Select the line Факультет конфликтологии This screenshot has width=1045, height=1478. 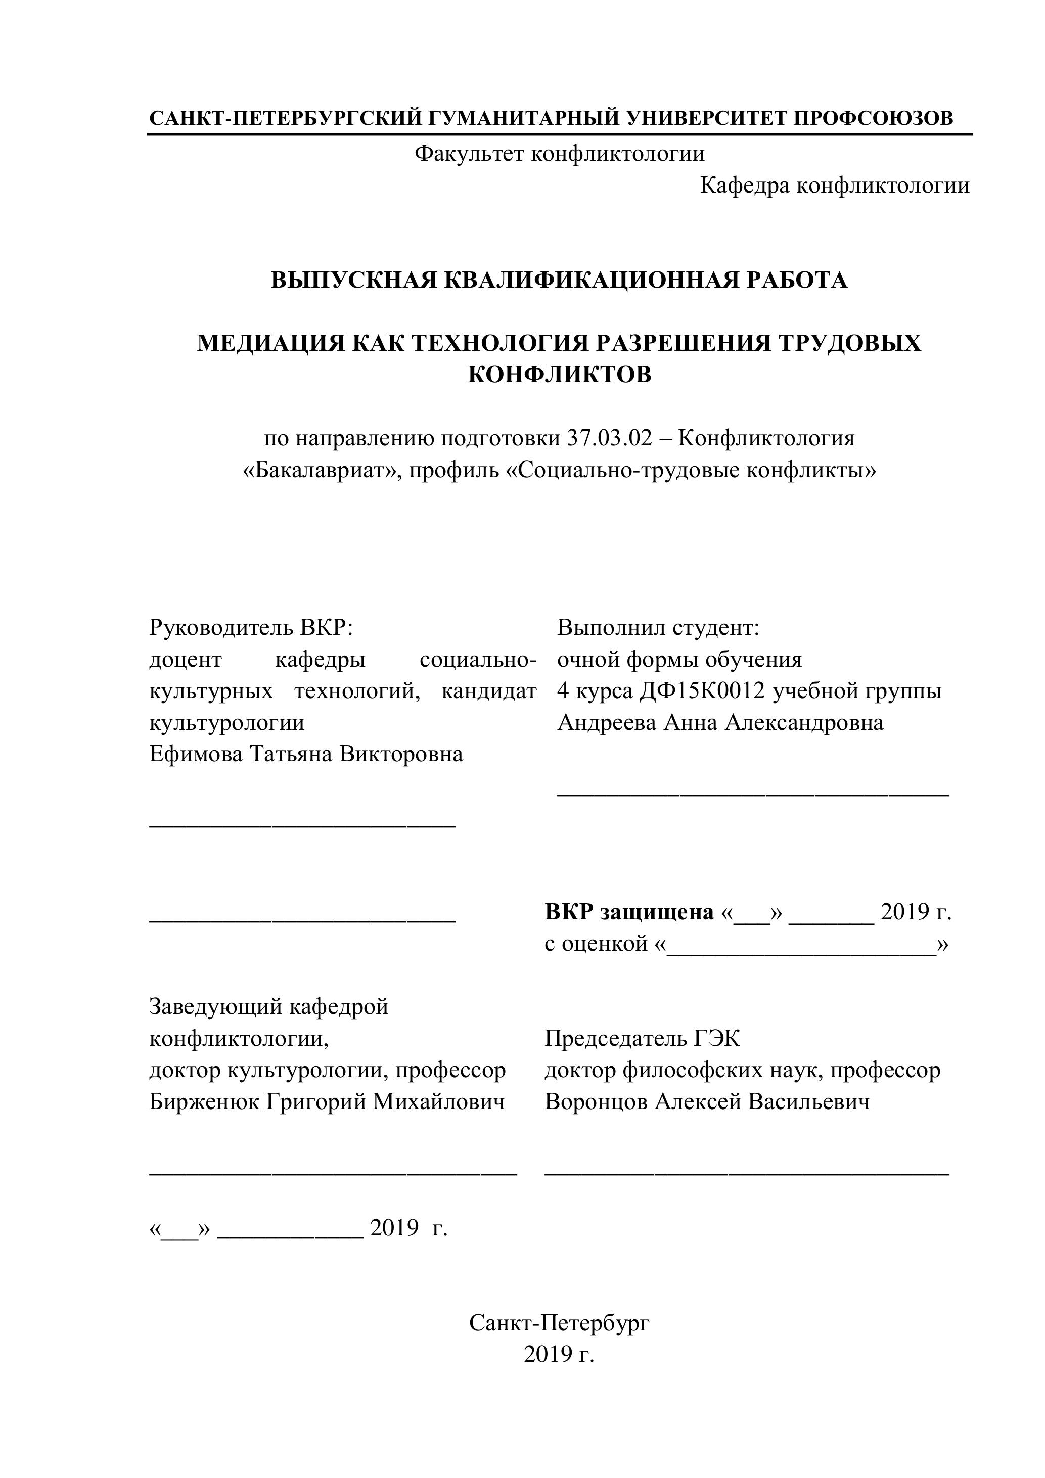pyautogui.click(x=559, y=153)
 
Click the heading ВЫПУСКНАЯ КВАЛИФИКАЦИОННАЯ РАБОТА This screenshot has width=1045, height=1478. pyautogui.click(x=558, y=280)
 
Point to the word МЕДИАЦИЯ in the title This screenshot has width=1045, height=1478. pyautogui.click(x=268, y=343)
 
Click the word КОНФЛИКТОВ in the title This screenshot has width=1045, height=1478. pyautogui.click(x=559, y=375)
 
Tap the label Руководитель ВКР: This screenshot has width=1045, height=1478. pyautogui.click(x=251, y=627)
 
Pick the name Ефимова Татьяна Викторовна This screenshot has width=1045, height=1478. pyautogui.click(x=306, y=754)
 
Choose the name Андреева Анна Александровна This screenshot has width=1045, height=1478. pyautogui.click(x=720, y=722)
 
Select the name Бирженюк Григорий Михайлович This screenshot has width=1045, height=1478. pyautogui.click(x=327, y=1101)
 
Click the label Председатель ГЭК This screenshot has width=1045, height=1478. pyautogui.click(x=642, y=1038)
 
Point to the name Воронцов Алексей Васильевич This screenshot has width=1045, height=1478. pyautogui.click(x=707, y=1101)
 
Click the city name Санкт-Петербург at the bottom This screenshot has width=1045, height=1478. pyautogui.click(x=559, y=1323)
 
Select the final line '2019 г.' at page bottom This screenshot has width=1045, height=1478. pyautogui.click(x=558, y=1354)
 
